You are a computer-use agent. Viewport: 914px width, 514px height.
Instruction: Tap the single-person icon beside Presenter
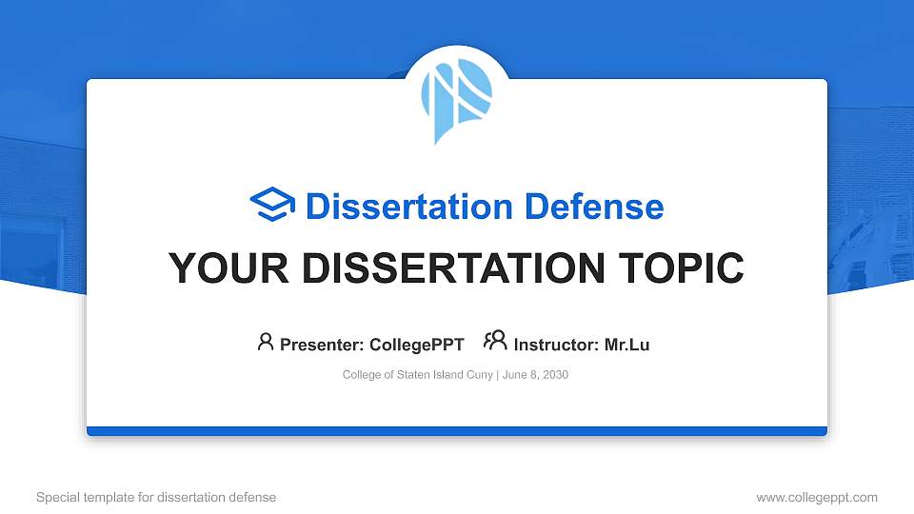[266, 342]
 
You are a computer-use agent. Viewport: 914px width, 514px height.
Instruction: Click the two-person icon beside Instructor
[495, 342]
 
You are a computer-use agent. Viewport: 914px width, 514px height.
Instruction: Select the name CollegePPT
[416, 345]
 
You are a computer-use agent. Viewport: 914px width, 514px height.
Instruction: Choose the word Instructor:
[556, 345]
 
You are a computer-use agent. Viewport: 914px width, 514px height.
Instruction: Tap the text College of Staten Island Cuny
[416, 375]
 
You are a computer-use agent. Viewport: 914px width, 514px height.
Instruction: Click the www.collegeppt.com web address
[816, 497]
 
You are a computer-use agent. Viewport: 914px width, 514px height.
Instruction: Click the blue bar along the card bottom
[457, 431]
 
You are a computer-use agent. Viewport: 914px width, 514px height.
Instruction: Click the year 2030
[555, 375]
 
